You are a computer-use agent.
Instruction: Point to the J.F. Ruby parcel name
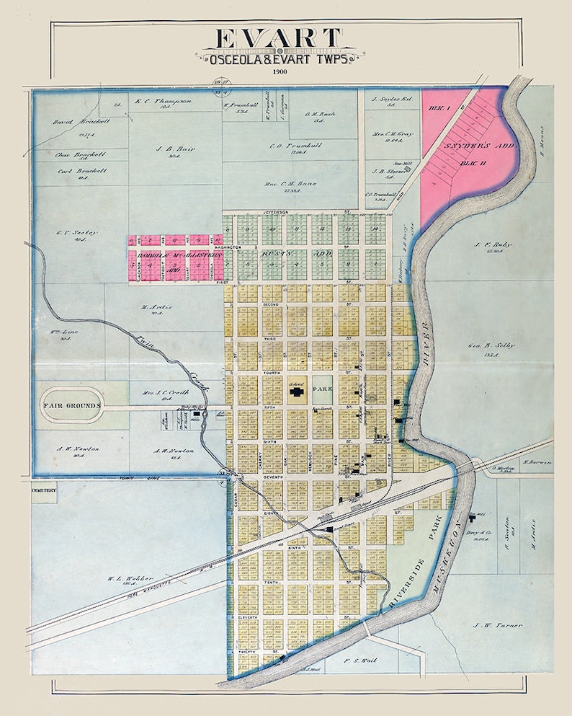[493, 244]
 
